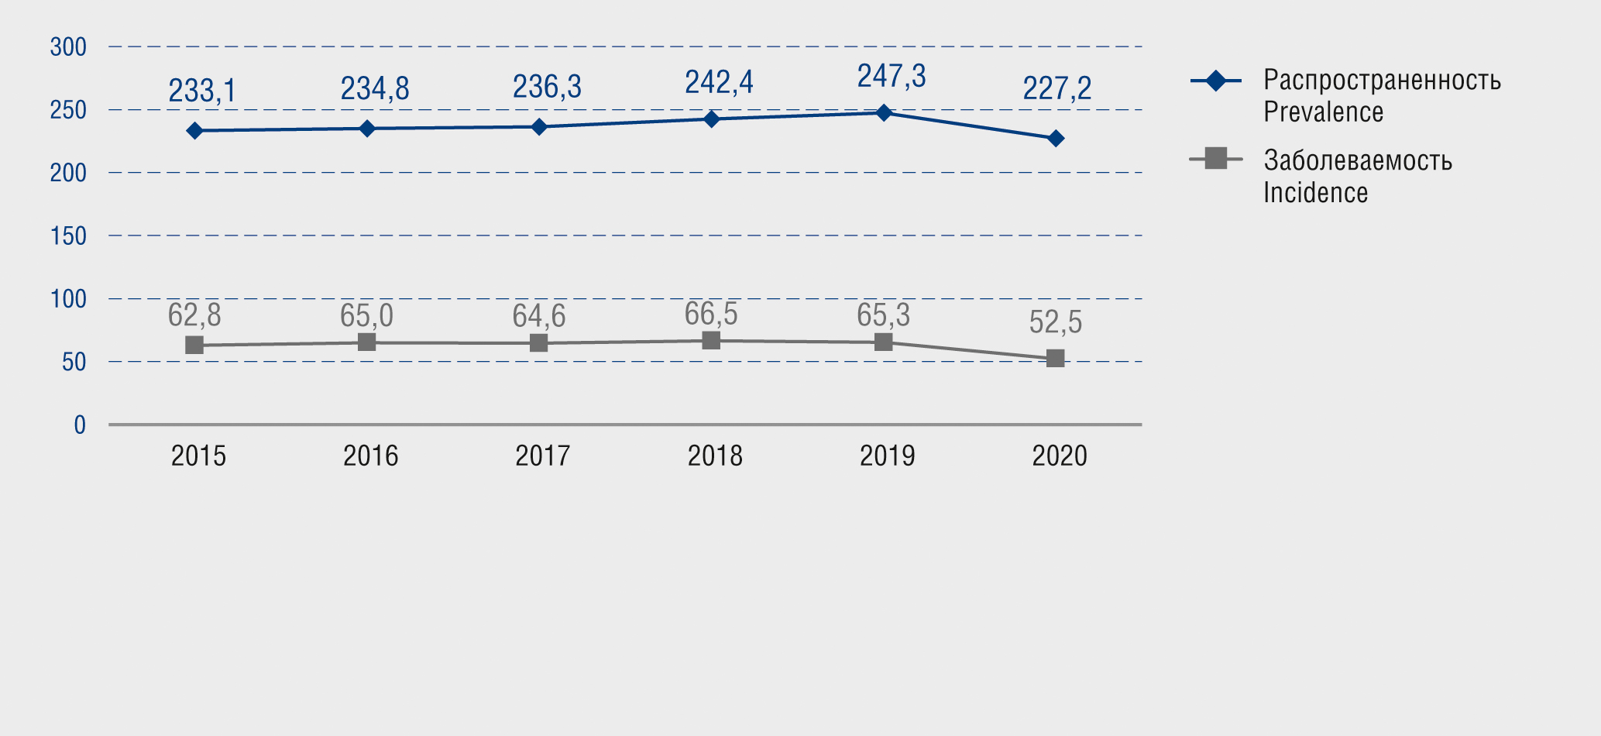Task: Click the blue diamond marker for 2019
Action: (x=883, y=113)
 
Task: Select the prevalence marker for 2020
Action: (x=1055, y=139)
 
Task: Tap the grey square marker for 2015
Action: (x=194, y=346)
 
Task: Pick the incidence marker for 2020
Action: (x=1055, y=359)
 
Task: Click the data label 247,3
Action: (x=891, y=77)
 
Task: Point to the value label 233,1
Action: (x=202, y=91)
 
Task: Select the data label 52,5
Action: (x=1055, y=322)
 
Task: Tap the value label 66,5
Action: (x=710, y=315)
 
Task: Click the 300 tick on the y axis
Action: (x=68, y=47)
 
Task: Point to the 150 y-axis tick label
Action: (x=68, y=236)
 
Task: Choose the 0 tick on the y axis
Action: (x=80, y=425)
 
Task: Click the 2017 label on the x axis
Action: (x=542, y=456)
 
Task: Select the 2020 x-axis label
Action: (x=1059, y=456)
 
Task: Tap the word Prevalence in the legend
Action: (x=1323, y=112)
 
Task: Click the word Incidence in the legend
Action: (x=1315, y=193)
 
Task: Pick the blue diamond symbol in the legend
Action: (x=1216, y=81)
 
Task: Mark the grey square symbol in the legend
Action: (x=1216, y=159)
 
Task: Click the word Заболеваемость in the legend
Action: (x=1357, y=161)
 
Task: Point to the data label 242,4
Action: (x=719, y=82)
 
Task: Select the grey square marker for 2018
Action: (x=711, y=341)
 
